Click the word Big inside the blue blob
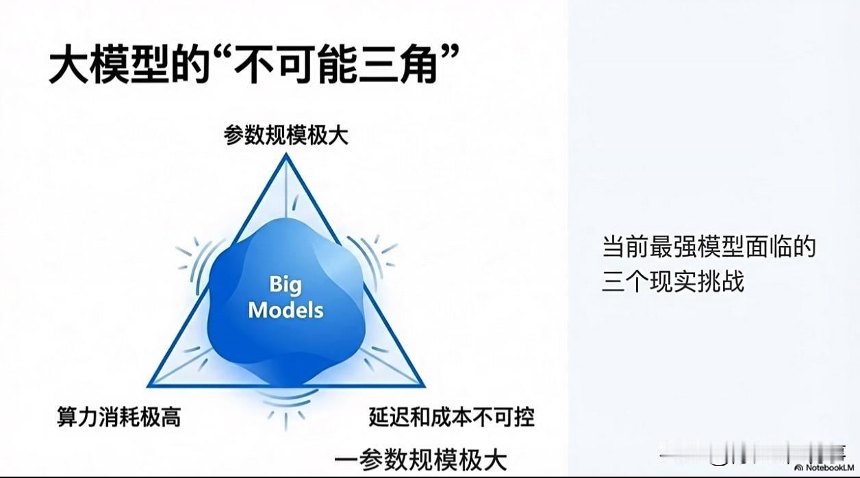(x=286, y=286)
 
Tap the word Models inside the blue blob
(x=286, y=310)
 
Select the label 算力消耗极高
(x=119, y=417)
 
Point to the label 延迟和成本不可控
(x=452, y=417)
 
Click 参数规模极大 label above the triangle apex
(x=286, y=135)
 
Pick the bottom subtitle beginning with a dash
(x=421, y=460)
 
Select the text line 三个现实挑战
(x=673, y=281)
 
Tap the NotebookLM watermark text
(x=830, y=468)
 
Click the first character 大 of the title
(x=68, y=64)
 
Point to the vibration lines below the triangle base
(x=286, y=406)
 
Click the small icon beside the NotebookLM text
(x=798, y=468)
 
